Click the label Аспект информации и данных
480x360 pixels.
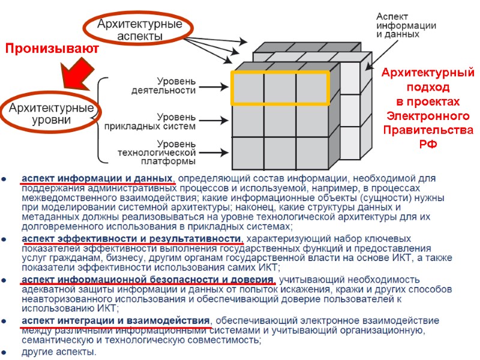(406, 25)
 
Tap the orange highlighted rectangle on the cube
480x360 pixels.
(280, 88)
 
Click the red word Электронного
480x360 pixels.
(428, 116)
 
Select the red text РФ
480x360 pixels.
(428, 145)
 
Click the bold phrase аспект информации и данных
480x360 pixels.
(98, 179)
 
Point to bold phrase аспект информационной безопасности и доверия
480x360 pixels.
(148, 280)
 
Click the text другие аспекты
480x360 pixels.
(59, 352)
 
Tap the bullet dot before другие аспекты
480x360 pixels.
(5, 352)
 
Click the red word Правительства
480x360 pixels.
(428, 130)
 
